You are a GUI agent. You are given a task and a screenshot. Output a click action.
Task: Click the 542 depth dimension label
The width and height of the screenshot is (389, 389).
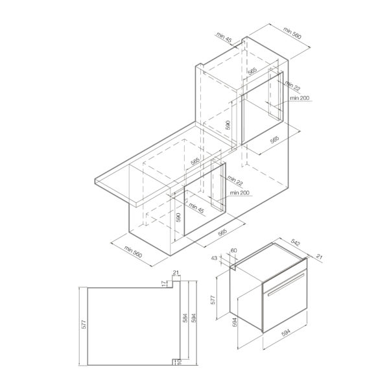coord(295,242)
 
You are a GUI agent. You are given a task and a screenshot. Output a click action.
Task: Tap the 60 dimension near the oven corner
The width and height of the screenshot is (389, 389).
coord(233,250)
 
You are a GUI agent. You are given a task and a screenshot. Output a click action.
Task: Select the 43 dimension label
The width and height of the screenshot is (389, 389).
coord(214,258)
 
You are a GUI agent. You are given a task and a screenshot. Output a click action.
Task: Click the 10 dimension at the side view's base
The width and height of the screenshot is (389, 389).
coord(179,362)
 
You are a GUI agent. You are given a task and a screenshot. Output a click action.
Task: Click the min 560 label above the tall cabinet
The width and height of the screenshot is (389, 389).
coord(292,33)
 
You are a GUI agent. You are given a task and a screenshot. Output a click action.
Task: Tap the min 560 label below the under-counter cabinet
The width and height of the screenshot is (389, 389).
coord(133,252)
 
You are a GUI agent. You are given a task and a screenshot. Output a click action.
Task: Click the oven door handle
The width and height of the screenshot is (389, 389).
coord(286,285)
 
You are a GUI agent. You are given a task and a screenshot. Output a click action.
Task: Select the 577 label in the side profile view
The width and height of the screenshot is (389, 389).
coord(84,325)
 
